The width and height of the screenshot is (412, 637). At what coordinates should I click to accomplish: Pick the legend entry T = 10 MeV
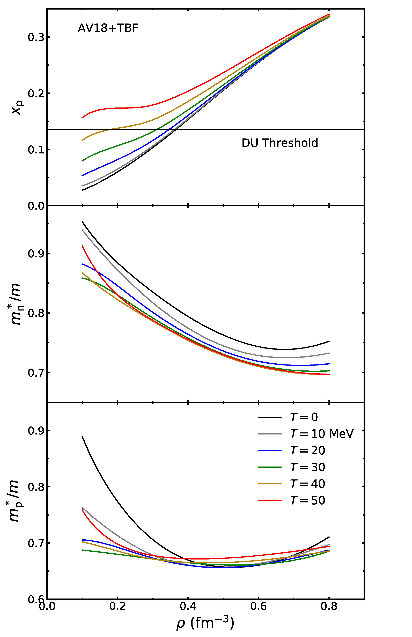point(322,434)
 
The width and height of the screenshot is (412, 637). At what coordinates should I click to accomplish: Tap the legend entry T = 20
point(307,450)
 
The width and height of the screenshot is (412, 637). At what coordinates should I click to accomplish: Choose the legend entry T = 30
point(307,467)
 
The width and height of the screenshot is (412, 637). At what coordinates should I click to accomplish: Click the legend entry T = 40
point(307,484)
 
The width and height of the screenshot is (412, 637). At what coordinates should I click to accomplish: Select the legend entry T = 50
point(307,500)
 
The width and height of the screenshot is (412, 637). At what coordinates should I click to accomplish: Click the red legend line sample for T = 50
point(269,500)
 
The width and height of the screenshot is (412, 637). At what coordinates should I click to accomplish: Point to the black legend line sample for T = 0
point(269,417)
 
